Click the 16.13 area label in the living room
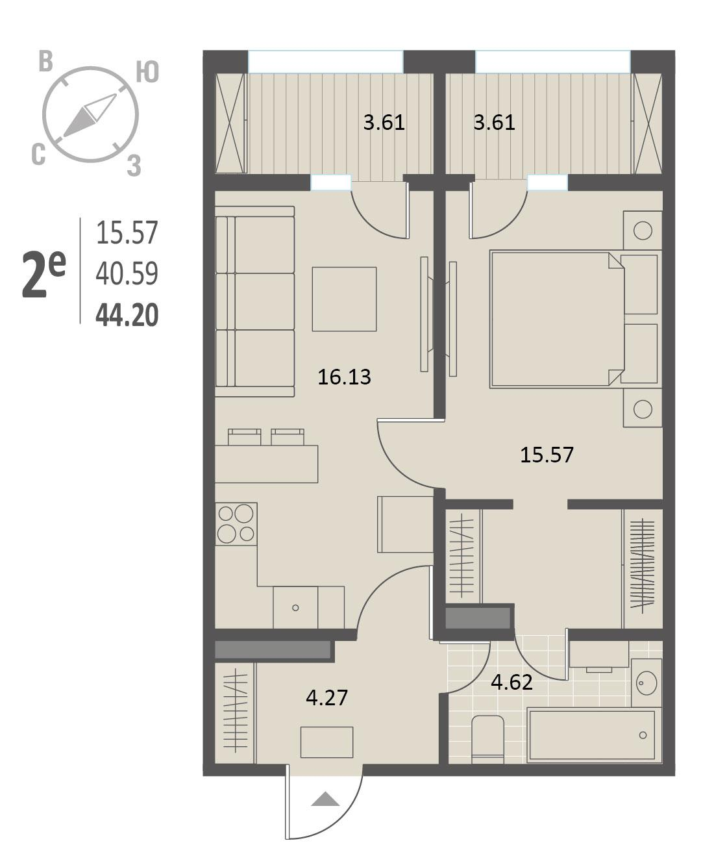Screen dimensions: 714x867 pyautogui.click(x=344, y=377)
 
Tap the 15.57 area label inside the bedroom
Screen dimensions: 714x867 pyautogui.click(x=547, y=455)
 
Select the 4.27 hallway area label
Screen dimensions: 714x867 pyautogui.click(x=326, y=697)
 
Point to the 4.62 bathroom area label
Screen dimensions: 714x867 pyautogui.click(x=512, y=683)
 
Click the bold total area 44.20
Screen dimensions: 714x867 pyautogui.click(x=127, y=315)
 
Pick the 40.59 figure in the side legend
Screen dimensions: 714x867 pyautogui.click(x=127, y=273)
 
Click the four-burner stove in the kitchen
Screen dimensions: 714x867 pyautogui.click(x=236, y=524)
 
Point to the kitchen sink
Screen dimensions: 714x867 pyautogui.click(x=295, y=607)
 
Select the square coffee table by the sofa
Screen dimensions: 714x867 pyautogui.click(x=344, y=299)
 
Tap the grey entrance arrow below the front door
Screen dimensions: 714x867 pyautogui.click(x=325, y=799)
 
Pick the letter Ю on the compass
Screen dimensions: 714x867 pyautogui.click(x=148, y=72)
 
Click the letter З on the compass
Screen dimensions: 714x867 pyautogui.click(x=134, y=166)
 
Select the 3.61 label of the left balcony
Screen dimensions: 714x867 pyautogui.click(x=384, y=123)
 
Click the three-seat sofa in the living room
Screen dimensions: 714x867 pyautogui.click(x=255, y=301)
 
